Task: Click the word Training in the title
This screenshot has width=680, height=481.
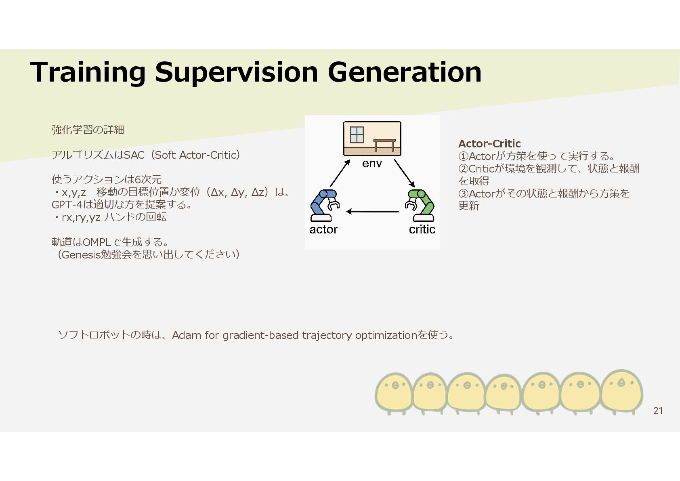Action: coord(88,72)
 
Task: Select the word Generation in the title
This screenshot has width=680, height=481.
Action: coord(404,72)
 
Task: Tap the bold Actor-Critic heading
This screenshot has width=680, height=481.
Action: coord(489,143)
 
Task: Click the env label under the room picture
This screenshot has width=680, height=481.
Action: coord(372,163)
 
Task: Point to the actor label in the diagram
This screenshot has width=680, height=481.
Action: coord(323,229)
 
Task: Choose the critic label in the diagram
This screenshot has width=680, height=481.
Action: coord(422,229)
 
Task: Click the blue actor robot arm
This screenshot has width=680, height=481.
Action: coord(324,205)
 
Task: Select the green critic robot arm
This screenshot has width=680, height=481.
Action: coord(420,205)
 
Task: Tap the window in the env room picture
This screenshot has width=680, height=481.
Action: coord(357,134)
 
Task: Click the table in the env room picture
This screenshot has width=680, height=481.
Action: coord(384,144)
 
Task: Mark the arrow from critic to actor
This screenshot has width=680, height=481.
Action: coord(372,211)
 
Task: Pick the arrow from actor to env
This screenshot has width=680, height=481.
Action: coord(340,173)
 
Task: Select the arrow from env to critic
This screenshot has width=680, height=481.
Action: coord(404,173)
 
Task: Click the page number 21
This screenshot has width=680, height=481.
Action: coord(658,411)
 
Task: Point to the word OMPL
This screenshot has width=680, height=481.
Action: coord(97,242)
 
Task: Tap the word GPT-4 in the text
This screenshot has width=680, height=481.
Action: coord(67,204)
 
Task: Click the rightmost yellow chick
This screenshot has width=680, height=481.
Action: coord(621,391)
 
